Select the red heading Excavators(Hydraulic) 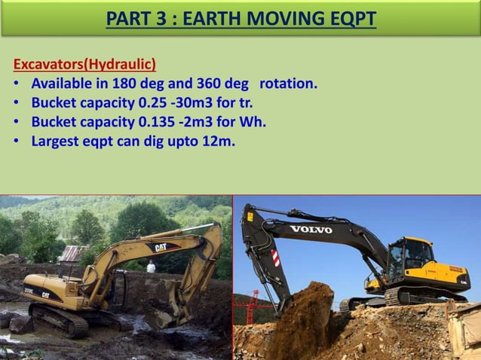point(84,63)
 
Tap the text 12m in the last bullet point(218,139)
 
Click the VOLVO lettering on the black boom point(311,229)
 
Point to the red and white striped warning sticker point(275,258)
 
